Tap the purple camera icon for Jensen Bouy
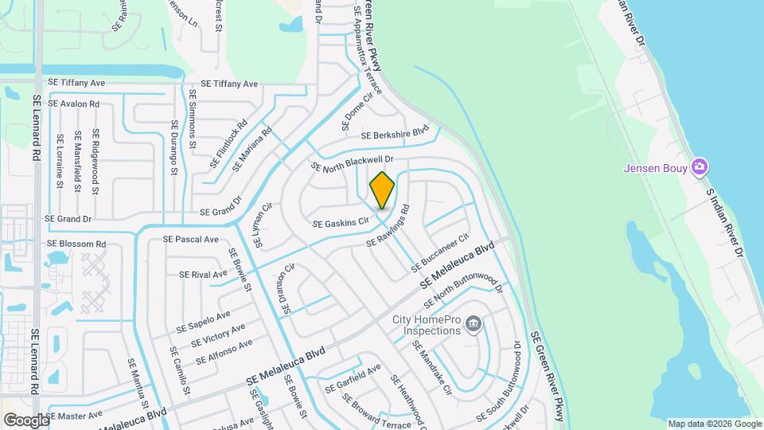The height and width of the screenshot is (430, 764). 700,167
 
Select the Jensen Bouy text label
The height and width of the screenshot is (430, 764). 655,168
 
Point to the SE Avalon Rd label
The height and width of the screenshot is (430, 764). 73,104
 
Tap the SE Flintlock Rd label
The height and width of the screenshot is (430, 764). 230,144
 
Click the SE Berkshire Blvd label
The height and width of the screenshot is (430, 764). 395,135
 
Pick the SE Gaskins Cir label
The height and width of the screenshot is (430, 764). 341,222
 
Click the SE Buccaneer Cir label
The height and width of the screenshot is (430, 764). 440,252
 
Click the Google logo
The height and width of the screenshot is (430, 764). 26,420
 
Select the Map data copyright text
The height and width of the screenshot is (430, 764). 714,424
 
